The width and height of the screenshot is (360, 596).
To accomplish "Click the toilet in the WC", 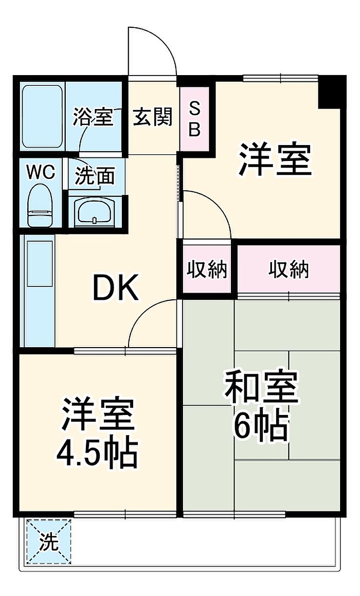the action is click(40, 206).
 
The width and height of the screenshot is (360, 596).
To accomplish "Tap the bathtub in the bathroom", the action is click(42, 116).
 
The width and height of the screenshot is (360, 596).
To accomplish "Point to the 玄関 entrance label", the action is click(152, 117).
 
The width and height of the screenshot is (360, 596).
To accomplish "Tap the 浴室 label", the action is click(93, 117).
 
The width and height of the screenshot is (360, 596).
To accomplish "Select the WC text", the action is click(41, 173).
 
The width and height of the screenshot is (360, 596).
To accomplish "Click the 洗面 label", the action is click(95, 176).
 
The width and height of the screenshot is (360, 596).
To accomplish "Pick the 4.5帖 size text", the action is click(97, 454).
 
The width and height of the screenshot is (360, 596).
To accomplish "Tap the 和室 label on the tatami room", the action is click(261, 387).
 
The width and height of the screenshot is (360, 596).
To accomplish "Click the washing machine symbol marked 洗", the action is click(49, 541).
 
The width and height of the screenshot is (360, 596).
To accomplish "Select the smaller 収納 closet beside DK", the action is click(206, 269).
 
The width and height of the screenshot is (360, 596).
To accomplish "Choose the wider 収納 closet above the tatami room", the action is click(289, 269).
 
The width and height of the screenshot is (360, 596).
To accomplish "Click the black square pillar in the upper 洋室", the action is click(329, 93).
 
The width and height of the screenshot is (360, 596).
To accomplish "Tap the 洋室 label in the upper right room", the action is click(275, 159).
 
